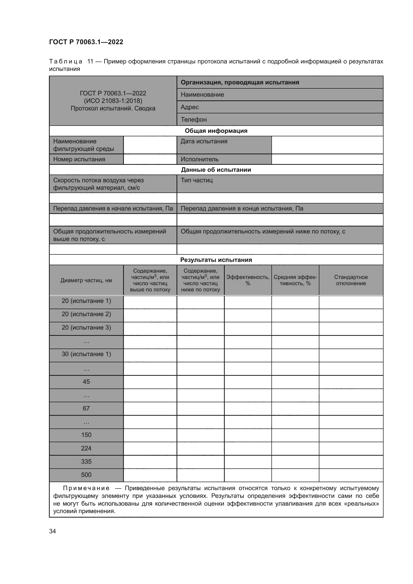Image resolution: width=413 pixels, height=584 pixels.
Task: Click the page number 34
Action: coord(52,531)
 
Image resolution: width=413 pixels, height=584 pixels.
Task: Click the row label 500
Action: coord(86,475)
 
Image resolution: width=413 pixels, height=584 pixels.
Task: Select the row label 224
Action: coord(86,448)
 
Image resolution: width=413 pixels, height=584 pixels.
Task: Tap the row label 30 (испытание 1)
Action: coord(86,354)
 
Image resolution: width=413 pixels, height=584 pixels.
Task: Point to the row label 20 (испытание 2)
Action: coord(86,314)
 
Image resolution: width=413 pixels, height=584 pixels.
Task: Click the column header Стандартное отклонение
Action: coord(351,280)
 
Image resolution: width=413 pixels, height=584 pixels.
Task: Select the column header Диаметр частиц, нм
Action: coord(86,280)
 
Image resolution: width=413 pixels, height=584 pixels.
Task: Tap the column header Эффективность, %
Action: coord(248,280)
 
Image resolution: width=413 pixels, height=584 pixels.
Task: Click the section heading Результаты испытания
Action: coord(216,260)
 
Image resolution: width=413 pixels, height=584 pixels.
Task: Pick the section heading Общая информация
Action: coord(216,131)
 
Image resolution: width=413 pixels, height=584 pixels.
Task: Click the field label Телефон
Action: coord(194,120)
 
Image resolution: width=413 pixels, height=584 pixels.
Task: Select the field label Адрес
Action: coord(190,107)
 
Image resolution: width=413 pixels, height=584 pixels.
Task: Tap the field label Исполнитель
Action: coord(200,159)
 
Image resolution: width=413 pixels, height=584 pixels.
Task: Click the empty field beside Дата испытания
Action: coord(327,145)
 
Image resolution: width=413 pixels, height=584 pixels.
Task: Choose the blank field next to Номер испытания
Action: coord(150,159)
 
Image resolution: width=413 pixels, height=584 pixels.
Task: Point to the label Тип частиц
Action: coord(197,180)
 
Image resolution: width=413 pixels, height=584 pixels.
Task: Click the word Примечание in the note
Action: coord(86,488)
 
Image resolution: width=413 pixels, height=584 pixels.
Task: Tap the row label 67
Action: coord(86,408)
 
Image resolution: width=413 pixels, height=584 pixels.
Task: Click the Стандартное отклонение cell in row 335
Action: coord(351,462)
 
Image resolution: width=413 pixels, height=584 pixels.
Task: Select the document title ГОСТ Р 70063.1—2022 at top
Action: coord(86,42)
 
